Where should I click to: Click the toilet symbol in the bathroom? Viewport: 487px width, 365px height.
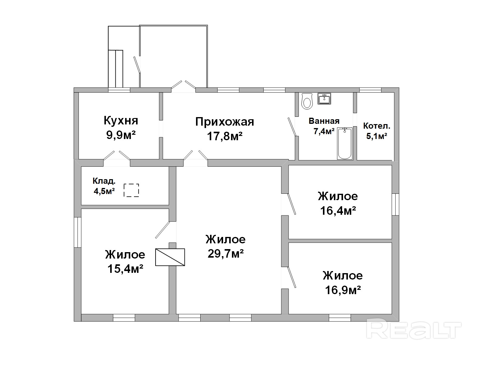(x=307, y=101)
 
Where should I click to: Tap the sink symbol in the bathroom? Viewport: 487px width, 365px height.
(x=324, y=98)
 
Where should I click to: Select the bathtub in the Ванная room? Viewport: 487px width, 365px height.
(x=345, y=143)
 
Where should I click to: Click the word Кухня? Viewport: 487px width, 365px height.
(x=121, y=120)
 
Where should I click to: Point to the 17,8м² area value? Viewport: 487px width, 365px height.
(x=225, y=136)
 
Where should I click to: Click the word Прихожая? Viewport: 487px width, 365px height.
(x=225, y=122)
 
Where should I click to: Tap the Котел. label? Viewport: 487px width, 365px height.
(x=377, y=126)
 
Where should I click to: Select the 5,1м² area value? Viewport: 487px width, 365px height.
(x=377, y=136)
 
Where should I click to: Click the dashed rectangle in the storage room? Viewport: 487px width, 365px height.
(x=131, y=190)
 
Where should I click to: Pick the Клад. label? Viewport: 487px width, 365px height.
(x=104, y=181)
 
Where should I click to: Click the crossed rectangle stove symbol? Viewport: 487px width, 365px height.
(x=170, y=257)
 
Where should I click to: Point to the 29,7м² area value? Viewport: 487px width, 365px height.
(x=226, y=254)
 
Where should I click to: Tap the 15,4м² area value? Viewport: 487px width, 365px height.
(x=125, y=269)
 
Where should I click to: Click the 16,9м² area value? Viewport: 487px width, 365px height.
(x=343, y=290)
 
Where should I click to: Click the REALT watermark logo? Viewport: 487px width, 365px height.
(x=414, y=331)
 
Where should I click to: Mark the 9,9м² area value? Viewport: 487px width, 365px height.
(x=121, y=135)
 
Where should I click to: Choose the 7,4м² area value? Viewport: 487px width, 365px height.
(x=324, y=131)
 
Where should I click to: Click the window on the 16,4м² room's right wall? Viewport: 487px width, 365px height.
(x=395, y=204)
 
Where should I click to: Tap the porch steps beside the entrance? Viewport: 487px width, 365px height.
(x=116, y=69)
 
